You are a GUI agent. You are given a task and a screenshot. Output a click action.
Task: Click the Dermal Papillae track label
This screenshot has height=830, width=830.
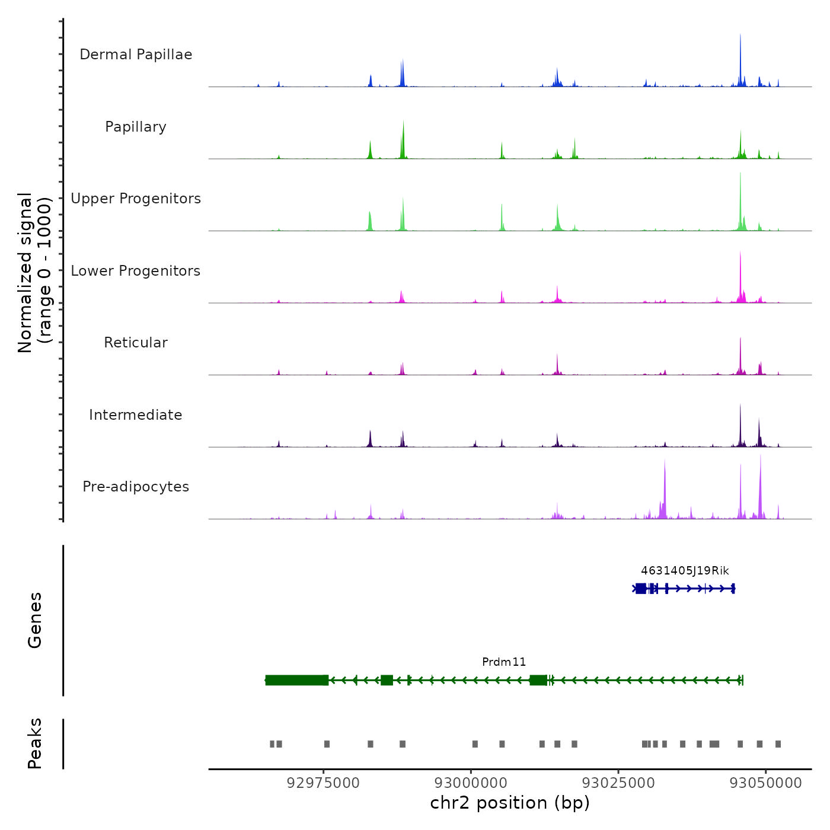click(x=136, y=55)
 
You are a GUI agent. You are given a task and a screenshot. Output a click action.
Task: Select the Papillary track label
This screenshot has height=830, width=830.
click(x=136, y=127)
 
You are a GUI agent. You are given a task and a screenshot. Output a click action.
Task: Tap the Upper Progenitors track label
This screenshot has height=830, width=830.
click(x=136, y=199)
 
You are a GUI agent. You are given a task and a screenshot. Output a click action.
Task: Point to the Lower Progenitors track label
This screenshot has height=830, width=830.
click(x=136, y=271)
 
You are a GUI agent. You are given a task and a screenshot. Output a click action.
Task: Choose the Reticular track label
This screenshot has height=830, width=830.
click(x=136, y=343)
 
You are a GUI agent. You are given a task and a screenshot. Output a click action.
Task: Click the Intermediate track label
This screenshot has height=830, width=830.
click(x=136, y=415)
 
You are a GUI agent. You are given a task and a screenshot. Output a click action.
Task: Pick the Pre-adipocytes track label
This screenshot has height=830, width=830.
click(x=136, y=487)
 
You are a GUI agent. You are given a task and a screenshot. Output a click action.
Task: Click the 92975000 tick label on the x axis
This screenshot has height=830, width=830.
click(x=323, y=783)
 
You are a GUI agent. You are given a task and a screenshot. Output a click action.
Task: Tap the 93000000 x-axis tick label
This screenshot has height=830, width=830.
click(x=471, y=783)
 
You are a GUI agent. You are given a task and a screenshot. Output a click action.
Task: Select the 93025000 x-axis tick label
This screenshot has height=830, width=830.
click(x=618, y=783)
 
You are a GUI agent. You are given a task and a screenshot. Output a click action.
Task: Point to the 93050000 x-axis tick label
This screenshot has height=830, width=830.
click(x=765, y=783)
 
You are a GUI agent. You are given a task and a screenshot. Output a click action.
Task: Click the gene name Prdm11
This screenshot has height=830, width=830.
click(x=504, y=662)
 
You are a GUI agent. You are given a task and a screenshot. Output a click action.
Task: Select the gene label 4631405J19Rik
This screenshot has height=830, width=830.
click(x=685, y=571)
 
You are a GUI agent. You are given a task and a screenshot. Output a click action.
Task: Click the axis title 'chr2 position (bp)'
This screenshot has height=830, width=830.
click(x=510, y=803)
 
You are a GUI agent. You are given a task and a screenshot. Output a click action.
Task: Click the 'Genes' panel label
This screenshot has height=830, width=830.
click(x=35, y=620)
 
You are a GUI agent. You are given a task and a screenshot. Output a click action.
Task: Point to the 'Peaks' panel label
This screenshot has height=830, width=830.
click(x=35, y=743)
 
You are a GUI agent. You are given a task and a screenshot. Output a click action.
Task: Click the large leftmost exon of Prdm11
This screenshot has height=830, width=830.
click(x=296, y=680)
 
